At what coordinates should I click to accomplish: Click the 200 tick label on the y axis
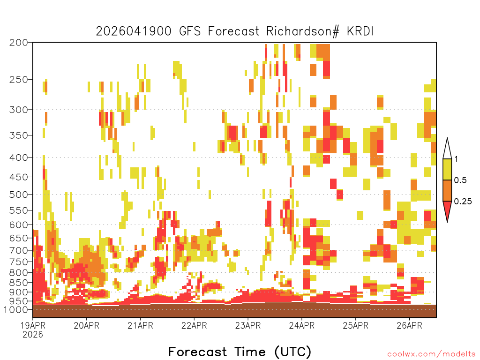[18, 43]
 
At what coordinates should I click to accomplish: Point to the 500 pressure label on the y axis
[18, 195]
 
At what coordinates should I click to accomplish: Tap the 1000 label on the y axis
[16, 310]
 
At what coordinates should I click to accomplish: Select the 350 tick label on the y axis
[18, 135]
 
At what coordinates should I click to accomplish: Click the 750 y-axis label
[18, 262]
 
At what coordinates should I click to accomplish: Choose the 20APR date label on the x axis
[86, 325]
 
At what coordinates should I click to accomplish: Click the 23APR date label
[248, 325]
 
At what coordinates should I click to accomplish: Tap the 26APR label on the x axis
[409, 325]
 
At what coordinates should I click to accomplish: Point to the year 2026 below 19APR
[33, 335]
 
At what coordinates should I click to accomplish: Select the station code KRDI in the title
[360, 31]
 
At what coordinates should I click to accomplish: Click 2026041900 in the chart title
[134, 31]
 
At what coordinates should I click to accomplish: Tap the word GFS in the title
[190, 31]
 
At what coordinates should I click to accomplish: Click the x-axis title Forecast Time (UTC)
[240, 352]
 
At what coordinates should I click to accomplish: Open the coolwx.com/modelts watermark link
[431, 354]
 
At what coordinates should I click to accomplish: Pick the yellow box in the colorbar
[447, 169]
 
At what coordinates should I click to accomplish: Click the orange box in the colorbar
[447, 190]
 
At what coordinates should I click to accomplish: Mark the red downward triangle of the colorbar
[447, 210]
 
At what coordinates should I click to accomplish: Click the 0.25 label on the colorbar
[463, 202]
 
